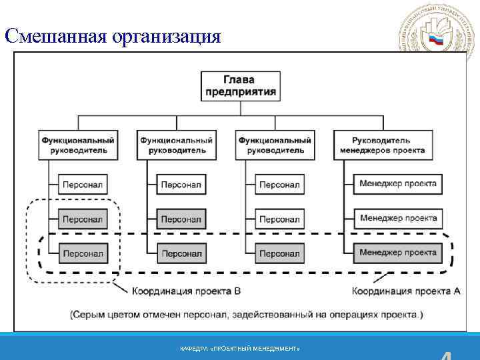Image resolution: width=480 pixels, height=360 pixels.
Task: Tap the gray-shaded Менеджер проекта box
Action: coord(398,253)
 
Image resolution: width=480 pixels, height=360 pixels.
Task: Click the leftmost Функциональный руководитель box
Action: coord(78,145)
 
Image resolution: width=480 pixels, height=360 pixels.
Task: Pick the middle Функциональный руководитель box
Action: coord(176,145)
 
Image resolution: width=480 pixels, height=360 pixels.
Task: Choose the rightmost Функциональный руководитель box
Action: coord(275,145)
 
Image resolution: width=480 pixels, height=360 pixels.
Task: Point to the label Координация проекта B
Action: coord(185,291)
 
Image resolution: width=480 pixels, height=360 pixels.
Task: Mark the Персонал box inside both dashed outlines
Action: coord(83,253)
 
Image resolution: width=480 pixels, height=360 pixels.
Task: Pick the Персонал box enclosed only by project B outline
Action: coord(83,219)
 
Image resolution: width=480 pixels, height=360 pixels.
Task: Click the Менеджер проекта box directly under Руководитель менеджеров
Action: coord(398,183)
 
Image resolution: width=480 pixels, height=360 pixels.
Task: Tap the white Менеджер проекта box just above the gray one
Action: coord(398,218)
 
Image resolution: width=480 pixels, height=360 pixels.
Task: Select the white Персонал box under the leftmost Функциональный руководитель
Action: coord(83,184)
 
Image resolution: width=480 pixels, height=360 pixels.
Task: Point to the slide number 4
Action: coord(453,355)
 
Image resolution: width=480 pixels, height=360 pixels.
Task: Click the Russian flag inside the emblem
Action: coord(436,39)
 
